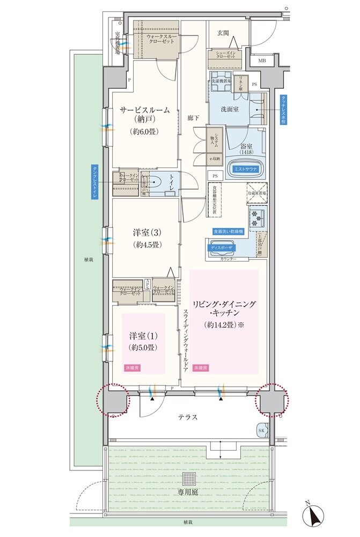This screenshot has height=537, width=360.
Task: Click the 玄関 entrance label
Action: pyautogui.click(x=223, y=33)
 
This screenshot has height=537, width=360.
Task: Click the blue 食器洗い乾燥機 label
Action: pyautogui.click(x=229, y=231)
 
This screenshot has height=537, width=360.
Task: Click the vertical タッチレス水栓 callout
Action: pyautogui.click(x=283, y=110)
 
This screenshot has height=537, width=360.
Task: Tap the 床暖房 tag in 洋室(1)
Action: pyautogui.click(x=132, y=368)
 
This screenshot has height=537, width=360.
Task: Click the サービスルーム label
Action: pyautogui.click(x=145, y=110)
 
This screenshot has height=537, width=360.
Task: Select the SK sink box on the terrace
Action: pyautogui.click(x=262, y=431)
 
